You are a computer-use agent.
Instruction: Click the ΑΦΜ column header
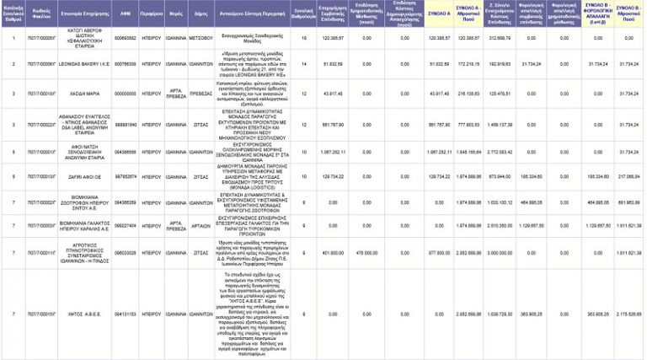click(x=125, y=15)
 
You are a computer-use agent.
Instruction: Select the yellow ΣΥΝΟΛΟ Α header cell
click(x=438, y=15)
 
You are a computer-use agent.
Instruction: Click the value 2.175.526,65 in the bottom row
click(x=629, y=314)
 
